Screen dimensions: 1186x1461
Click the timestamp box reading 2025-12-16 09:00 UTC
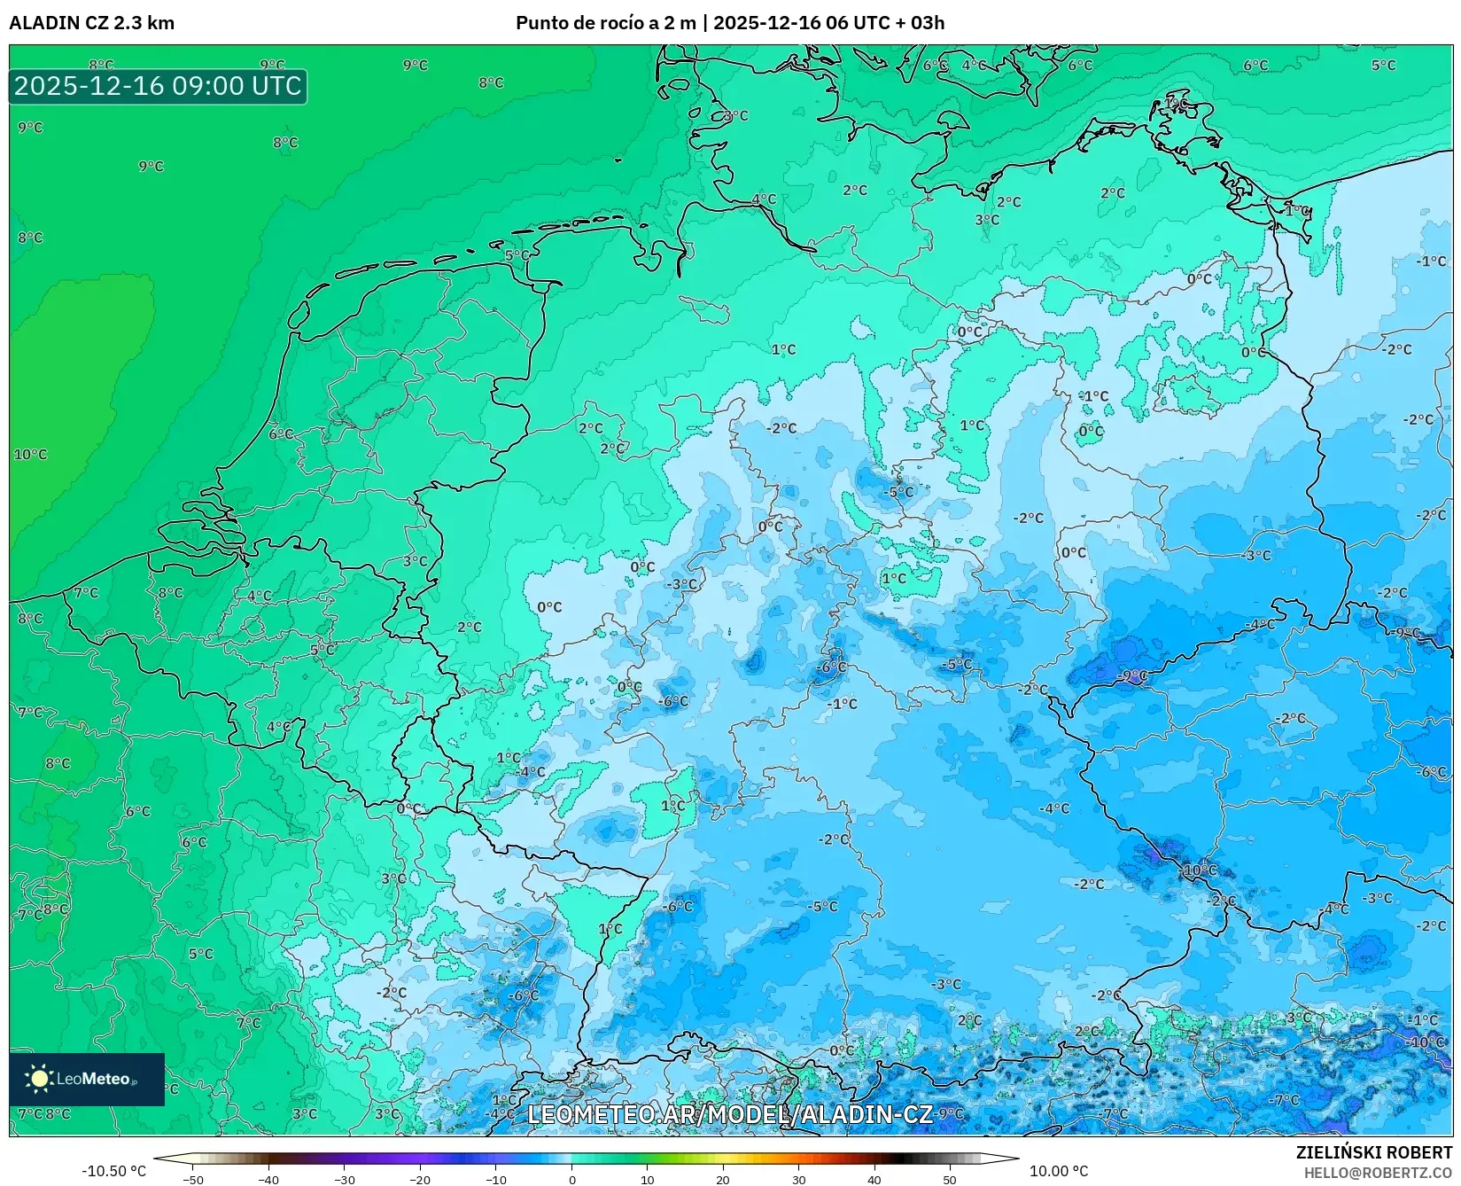point(158,86)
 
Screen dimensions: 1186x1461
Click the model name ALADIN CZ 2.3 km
point(91,23)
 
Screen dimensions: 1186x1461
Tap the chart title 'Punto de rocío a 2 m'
point(606,23)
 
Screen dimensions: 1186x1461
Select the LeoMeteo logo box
point(87,1079)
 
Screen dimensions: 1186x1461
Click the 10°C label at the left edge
point(30,455)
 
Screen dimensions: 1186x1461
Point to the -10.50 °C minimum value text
point(113,1171)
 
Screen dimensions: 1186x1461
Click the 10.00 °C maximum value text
point(1058,1171)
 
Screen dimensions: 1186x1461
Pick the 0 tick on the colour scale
point(572,1179)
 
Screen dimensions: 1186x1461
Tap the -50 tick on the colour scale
point(193,1179)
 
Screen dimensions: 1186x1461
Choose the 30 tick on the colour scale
point(799,1179)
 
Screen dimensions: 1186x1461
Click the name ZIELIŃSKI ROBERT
point(1374,1152)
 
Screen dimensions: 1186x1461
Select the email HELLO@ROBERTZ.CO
point(1378,1173)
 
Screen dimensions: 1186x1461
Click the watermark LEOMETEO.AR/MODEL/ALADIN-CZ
point(730,1114)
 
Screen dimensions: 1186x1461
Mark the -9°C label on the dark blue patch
point(1133,675)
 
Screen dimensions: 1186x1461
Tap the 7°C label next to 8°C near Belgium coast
point(86,592)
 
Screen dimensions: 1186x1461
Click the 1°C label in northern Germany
point(783,350)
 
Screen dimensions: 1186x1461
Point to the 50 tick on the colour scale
point(950,1179)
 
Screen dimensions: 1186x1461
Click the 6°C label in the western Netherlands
point(281,434)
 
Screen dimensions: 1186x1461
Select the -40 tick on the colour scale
point(268,1179)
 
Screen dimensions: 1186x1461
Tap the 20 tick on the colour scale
point(723,1179)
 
